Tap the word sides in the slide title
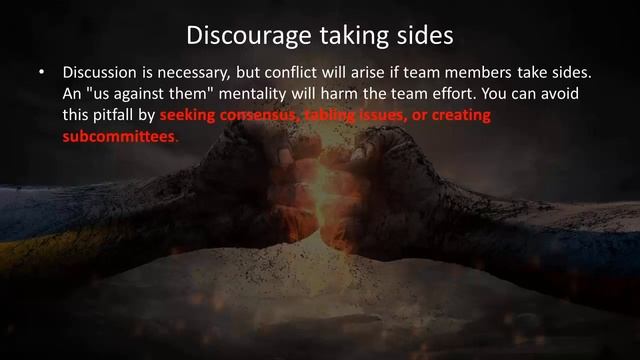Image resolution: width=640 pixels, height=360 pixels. (426, 36)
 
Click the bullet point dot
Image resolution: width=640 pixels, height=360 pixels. (42, 74)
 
